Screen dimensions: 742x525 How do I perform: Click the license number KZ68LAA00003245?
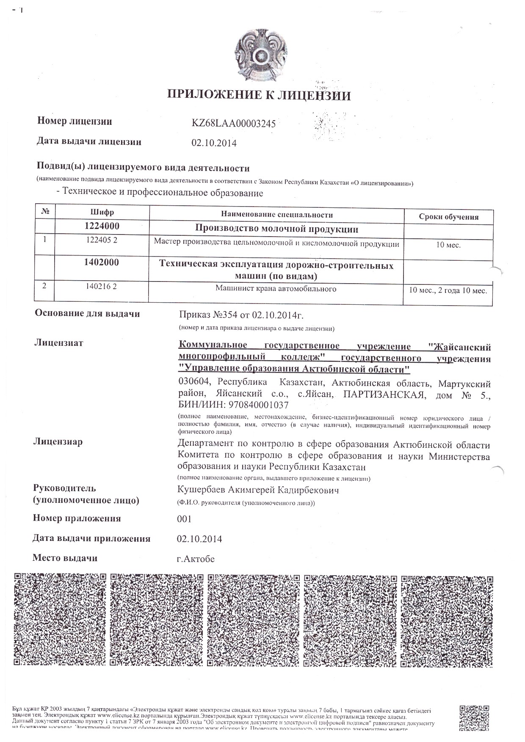[234, 124]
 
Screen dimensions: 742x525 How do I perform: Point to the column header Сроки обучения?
[448, 217]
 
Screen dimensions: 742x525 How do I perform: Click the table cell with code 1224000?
[102, 226]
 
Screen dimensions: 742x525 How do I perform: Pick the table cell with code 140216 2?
[101, 287]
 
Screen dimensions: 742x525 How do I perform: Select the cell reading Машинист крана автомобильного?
[276, 289]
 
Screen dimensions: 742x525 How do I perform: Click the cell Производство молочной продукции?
[276, 229]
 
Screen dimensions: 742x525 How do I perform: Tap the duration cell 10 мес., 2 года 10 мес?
[448, 291]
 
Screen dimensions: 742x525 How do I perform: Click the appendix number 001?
[184, 519]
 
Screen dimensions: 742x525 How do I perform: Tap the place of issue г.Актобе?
[196, 559]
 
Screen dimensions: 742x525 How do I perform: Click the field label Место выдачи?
[65, 558]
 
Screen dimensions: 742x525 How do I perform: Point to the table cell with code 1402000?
[102, 262]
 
